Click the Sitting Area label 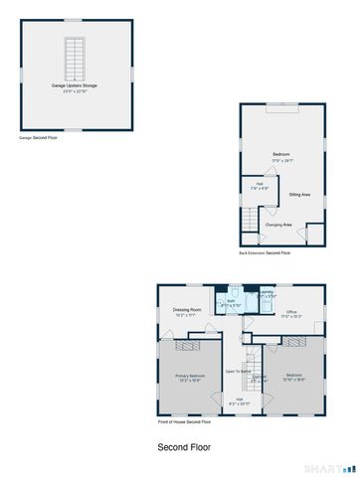[299, 195]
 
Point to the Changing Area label [278, 225]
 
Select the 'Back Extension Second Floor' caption [265, 253]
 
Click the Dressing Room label [188, 311]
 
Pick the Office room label [292, 314]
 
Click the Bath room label [231, 302]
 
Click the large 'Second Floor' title [184, 447]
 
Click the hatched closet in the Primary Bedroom [188, 346]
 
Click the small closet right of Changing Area [314, 234]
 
